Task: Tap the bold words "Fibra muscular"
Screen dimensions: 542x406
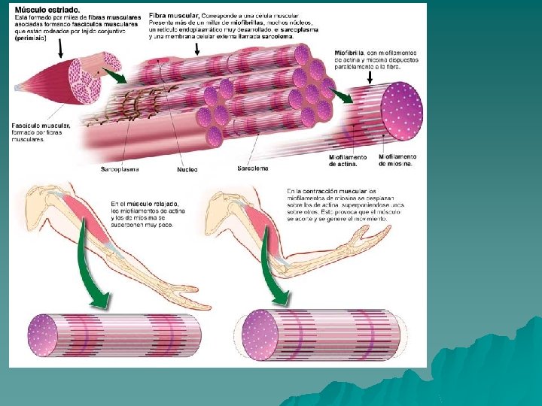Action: [174, 15]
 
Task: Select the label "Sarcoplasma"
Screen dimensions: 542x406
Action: [120, 169]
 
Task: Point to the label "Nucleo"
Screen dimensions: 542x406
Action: [187, 169]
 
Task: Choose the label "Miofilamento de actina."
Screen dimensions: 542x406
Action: [348, 161]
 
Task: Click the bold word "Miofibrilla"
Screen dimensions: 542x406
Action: [349, 53]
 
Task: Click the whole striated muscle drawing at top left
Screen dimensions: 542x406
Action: [60, 79]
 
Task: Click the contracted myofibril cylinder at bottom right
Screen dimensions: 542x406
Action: [324, 335]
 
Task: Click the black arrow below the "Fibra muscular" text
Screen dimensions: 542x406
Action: [198, 48]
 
